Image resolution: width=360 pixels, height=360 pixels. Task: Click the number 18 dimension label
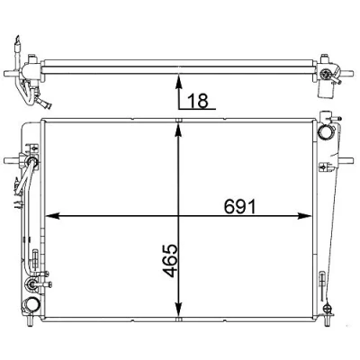(198, 101)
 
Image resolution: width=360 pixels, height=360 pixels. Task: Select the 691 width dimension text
(240, 207)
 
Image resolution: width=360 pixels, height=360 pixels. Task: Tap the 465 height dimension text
(170, 260)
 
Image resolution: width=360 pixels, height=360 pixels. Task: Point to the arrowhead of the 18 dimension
(179, 82)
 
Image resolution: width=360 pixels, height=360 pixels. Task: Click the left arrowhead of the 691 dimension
(52, 216)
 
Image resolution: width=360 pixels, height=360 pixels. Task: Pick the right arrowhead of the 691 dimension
(305, 216)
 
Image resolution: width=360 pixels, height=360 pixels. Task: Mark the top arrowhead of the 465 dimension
(179, 131)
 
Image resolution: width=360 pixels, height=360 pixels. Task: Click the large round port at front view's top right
(326, 132)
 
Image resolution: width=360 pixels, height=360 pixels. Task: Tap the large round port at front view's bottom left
(31, 304)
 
